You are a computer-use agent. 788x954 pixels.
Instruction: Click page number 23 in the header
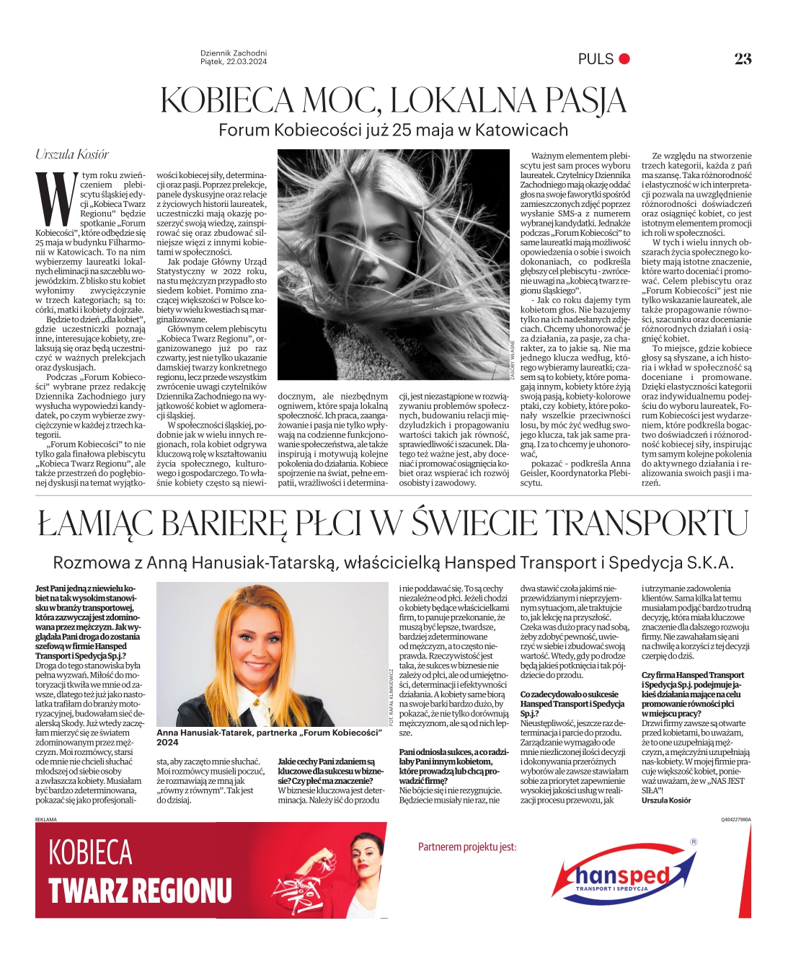(x=743, y=59)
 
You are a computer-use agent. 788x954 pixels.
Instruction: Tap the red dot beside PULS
(x=624, y=59)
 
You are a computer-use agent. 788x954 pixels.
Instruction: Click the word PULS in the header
(x=596, y=59)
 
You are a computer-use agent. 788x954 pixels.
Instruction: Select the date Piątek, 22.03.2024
(x=234, y=62)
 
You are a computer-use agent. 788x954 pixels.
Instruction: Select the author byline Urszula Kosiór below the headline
(x=72, y=154)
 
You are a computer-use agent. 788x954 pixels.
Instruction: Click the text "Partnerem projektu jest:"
(x=467, y=847)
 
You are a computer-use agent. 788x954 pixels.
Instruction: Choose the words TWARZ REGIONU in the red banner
(x=140, y=891)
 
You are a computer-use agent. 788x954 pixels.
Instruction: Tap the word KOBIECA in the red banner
(x=91, y=853)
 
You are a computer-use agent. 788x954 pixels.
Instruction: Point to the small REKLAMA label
(x=45, y=820)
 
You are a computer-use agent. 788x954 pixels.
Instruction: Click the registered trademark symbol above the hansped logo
(x=694, y=842)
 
